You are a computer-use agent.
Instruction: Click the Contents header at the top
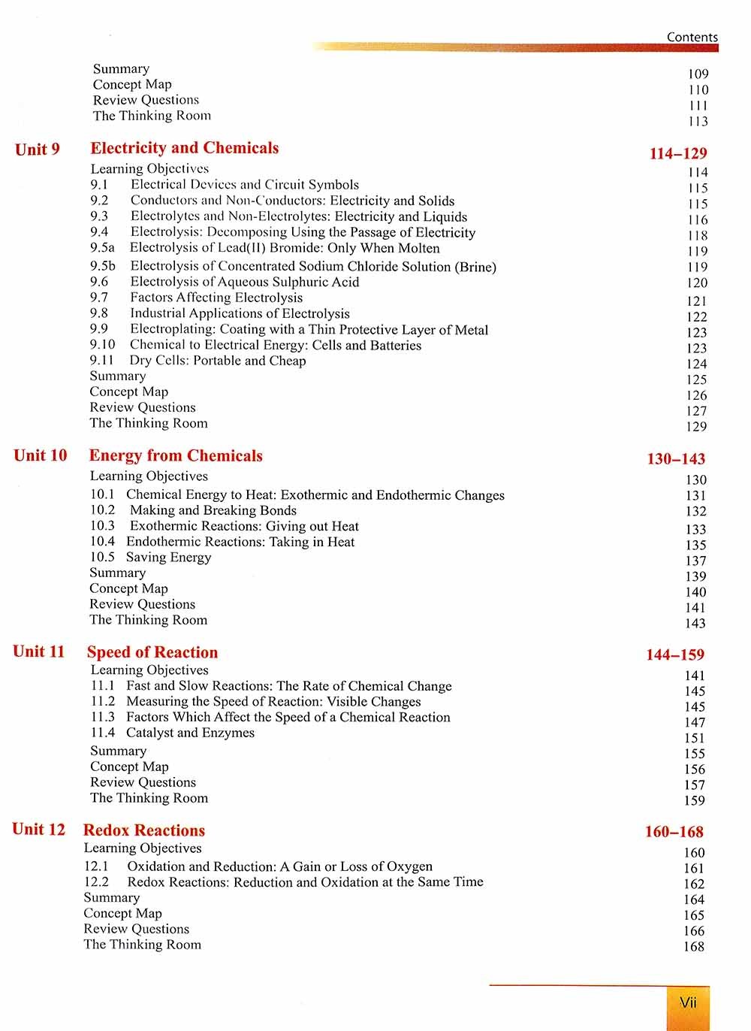click(x=692, y=37)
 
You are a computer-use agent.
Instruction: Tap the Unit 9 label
click(x=38, y=150)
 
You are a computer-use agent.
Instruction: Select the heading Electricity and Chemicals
click(x=184, y=148)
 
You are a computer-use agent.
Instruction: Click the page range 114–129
click(x=677, y=153)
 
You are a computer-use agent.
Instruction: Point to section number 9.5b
click(x=103, y=266)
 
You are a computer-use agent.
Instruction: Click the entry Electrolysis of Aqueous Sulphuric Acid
click(x=244, y=282)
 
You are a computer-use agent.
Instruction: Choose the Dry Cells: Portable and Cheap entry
click(x=217, y=361)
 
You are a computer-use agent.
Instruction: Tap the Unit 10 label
click(x=41, y=455)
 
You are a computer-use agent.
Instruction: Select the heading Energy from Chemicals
click(x=176, y=456)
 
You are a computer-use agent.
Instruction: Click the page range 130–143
click(x=676, y=459)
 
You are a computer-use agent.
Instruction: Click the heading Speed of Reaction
click(x=152, y=652)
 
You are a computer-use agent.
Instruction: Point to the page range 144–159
click(x=675, y=655)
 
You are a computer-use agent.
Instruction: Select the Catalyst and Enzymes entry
click(x=190, y=733)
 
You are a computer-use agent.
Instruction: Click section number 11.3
click(x=103, y=717)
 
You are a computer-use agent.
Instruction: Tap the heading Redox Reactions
click(x=144, y=830)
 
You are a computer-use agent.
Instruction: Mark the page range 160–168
click(x=674, y=832)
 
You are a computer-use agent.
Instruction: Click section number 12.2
click(x=96, y=881)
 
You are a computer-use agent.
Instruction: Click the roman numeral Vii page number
click(x=688, y=1002)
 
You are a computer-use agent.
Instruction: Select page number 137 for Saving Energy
click(x=695, y=561)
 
